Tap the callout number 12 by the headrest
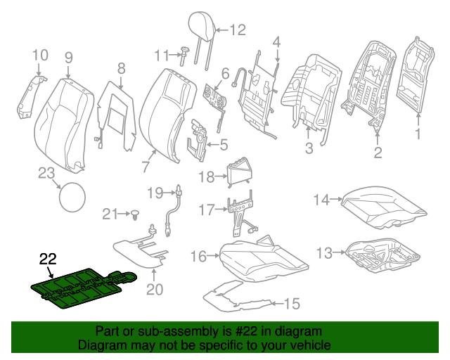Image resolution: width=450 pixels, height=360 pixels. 237,30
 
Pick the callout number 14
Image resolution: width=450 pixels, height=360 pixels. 321,200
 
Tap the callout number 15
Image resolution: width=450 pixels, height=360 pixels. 291,304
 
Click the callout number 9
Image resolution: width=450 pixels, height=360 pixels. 68,57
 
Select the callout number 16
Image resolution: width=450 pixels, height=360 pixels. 198,256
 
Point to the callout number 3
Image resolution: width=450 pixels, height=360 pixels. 309,148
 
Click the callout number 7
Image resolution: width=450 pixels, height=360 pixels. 146,167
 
